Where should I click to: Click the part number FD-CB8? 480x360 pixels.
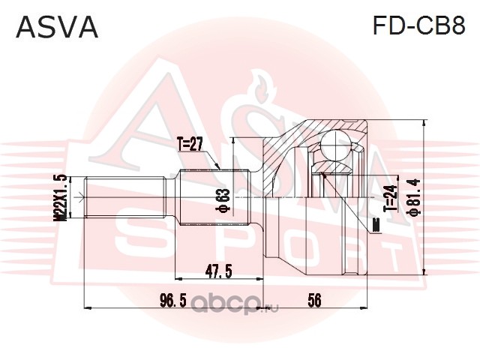pyautogui.click(x=418, y=25)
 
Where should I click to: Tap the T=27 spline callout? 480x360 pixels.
pyautogui.click(x=190, y=145)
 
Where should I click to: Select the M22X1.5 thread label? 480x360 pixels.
pyautogui.click(x=60, y=197)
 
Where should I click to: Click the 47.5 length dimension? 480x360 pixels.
pyautogui.click(x=218, y=271)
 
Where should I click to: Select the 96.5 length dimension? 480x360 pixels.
pyautogui.click(x=173, y=300)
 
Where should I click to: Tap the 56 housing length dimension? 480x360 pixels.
pyautogui.click(x=314, y=300)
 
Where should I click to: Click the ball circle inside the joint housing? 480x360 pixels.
pyautogui.click(x=335, y=145)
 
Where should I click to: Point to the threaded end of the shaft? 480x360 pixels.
pyautogui.click(x=125, y=197)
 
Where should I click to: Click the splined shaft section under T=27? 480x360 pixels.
pyautogui.click(x=214, y=197)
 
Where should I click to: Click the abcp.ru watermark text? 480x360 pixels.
pyautogui.click(x=235, y=304)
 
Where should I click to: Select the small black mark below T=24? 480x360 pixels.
pyautogui.click(x=376, y=226)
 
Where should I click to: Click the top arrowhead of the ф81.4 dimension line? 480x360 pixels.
pyautogui.click(x=424, y=123)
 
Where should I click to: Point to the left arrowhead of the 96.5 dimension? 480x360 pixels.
pyautogui.click(x=88, y=307)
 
